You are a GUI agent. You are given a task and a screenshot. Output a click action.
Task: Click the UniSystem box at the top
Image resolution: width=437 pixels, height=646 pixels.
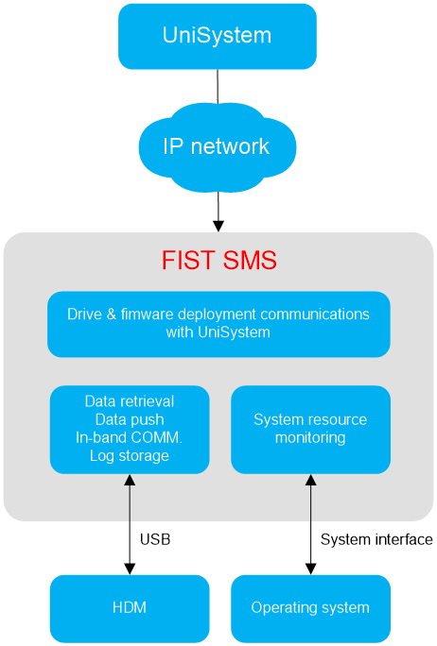tap(218, 36)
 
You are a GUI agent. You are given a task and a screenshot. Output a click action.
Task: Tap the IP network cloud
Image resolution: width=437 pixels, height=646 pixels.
tap(218, 147)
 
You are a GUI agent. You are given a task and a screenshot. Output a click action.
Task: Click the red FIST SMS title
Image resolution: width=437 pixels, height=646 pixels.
tap(219, 260)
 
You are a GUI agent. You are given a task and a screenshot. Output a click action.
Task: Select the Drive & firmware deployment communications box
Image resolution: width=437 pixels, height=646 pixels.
tap(218, 324)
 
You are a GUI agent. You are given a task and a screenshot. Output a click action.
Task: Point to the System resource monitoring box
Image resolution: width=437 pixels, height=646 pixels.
tap(311, 430)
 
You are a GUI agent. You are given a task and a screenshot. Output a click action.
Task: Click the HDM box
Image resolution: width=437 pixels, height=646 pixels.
tap(130, 608)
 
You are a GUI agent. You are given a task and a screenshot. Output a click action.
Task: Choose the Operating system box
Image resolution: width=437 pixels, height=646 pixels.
tap(311, 608)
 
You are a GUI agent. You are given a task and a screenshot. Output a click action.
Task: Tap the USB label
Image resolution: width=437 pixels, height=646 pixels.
tap(155, 539)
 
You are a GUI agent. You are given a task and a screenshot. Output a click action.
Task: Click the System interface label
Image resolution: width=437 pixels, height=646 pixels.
tap(376, 539)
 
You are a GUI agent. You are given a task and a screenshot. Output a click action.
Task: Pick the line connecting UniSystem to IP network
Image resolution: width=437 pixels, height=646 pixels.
tap(218, 86)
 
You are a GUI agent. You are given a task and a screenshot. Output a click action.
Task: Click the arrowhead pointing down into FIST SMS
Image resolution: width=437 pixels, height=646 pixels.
tap(218, 226)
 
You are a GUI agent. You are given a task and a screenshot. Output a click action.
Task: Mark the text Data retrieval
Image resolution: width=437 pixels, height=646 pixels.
tap(130, 401)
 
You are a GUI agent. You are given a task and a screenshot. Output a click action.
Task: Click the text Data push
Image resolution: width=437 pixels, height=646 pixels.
tap(130, 419)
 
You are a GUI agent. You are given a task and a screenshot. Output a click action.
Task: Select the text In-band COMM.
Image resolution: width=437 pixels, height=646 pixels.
tap(129, 437)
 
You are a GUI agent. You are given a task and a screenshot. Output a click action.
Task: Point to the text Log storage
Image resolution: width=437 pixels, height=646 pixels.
tap(130, 455)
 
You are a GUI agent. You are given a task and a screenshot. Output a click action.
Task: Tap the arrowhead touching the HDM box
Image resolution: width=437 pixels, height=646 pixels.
tap(130, 569)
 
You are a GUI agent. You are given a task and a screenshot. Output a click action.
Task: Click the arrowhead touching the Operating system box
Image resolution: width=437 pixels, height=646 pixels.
tap(311, 569)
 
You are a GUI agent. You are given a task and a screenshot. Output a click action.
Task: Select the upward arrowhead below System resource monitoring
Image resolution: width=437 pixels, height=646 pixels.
tap(311, 480)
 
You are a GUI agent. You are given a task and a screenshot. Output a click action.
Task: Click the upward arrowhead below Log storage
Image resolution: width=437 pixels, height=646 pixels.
tap(130, 480)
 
